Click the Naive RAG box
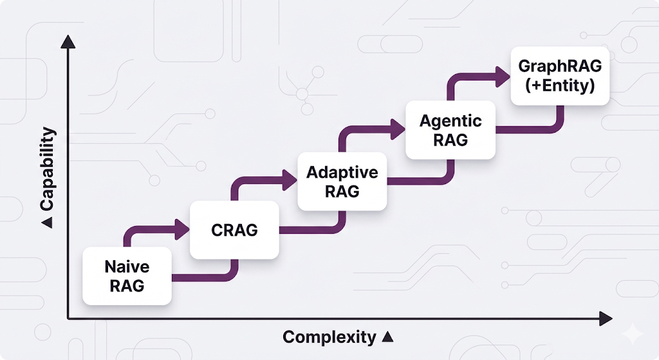[x=127, y=276]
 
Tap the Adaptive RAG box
[x=342, y=182]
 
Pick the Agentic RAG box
[x=450, y=129]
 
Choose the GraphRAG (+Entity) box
[x=559, y=75]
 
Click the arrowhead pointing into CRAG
[x=183, y=226]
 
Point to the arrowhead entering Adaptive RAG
[x=290, y=178]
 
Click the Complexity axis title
[x=329, y=336]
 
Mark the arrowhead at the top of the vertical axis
[x=68, y=43]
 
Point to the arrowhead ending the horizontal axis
[x=605, y=318]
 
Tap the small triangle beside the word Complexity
[x=387, y=336]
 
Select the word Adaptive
[x=342, y=173]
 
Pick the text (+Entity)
[x=559, y=85]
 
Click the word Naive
[x=127, y=267]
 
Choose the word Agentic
[x=450, y=120]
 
